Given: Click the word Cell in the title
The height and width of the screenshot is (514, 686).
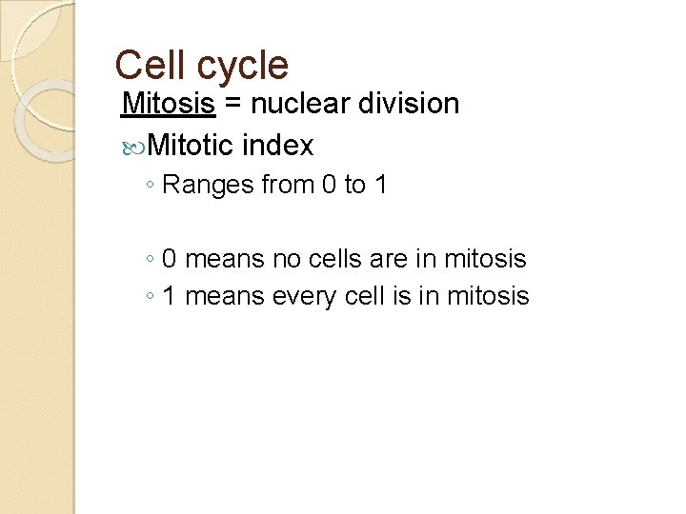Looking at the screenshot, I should [146, 65].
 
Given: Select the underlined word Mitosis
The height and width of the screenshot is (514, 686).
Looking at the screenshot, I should [169, 103].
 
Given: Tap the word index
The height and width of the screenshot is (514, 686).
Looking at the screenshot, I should [277, 145].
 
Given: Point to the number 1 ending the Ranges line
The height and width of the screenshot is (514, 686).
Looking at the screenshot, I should [380, 184].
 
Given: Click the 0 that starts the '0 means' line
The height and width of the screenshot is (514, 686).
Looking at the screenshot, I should [169, 258].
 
